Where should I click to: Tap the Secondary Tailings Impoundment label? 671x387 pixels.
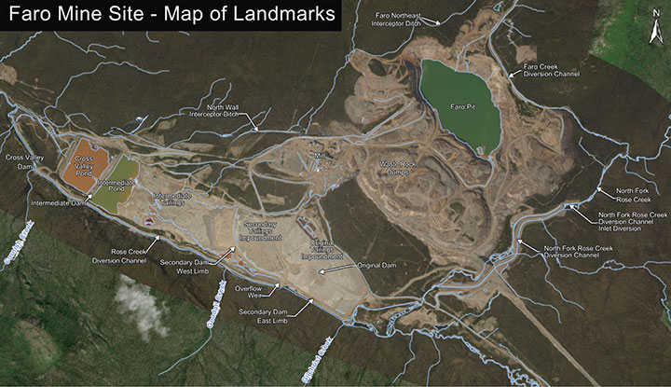pos(261,232)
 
